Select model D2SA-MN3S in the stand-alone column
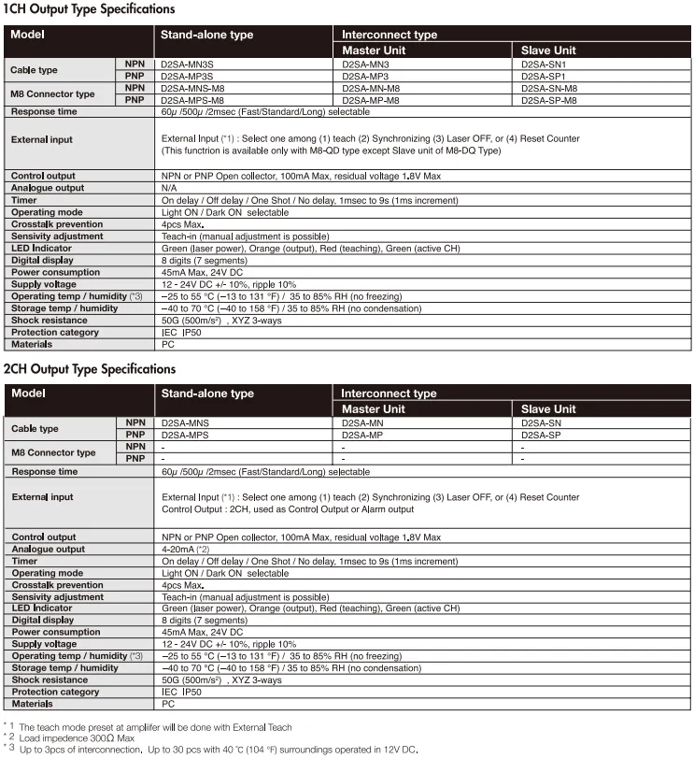(187, 64)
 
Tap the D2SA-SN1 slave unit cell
(544, 64)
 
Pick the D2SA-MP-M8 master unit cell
(371, 99)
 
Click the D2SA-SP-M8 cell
(549, 99)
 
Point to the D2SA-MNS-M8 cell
(192, 88)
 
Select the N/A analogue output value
(169, 188)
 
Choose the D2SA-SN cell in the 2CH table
(541, 422)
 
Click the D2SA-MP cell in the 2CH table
(362, 435)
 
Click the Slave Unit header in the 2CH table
(548, 409)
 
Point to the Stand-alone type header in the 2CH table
(207, 393)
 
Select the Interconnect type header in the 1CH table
(389, 35)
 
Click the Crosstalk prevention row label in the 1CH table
(57, 224)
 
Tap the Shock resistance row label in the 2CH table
(50, 680)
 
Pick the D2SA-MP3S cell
(187, 76)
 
